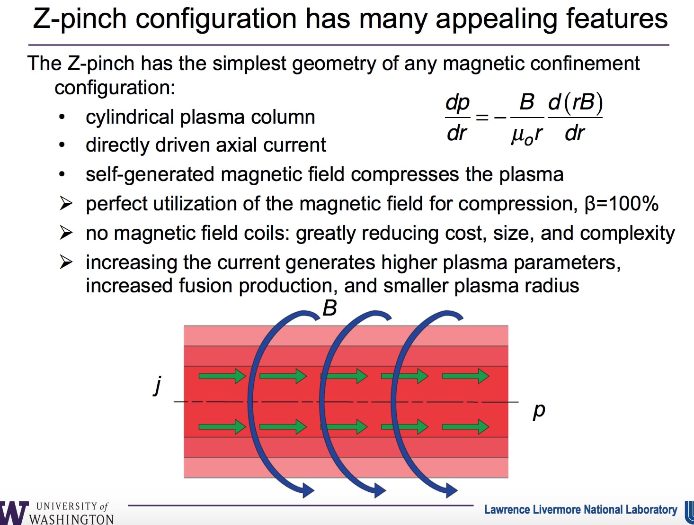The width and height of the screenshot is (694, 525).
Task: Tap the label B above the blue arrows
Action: (x=329, y=308)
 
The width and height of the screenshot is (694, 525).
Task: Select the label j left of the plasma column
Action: (x=158, y=385)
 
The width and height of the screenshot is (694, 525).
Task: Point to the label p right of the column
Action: (x=539, y=410)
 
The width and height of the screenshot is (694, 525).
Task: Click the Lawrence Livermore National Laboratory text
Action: (x=580, y=510)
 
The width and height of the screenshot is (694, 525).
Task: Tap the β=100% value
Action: (x=622, y=204)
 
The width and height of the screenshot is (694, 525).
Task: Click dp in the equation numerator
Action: (x=457, y=103)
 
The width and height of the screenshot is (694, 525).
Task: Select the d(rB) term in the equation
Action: (x=575, y=102)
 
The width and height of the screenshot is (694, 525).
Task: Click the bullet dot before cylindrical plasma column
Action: (x=62, y=117)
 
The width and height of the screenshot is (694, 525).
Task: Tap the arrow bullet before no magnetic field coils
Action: (x=66, y=233)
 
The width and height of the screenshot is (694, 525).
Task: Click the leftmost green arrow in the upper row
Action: (x=222, y=377)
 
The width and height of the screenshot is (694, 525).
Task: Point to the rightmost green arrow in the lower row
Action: (x=465, y=426)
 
